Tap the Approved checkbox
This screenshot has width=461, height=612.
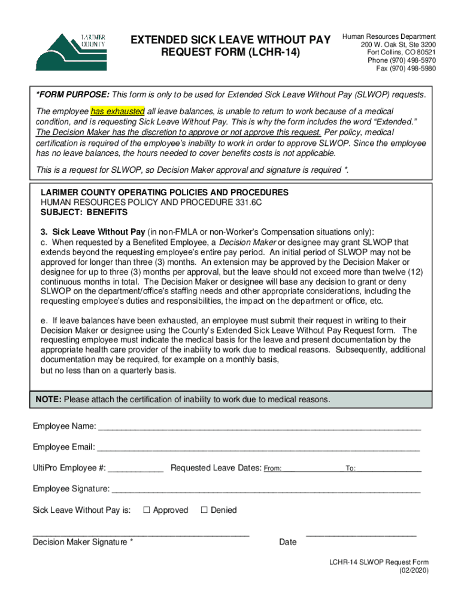(x=146, y=510)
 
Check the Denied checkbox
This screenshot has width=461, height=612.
(x=204, y=510)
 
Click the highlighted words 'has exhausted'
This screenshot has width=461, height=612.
(x=117, y=112)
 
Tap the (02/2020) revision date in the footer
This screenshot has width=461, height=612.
(x=414, y=570)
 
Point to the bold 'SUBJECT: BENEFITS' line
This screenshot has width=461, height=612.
(x=84, y=212)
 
